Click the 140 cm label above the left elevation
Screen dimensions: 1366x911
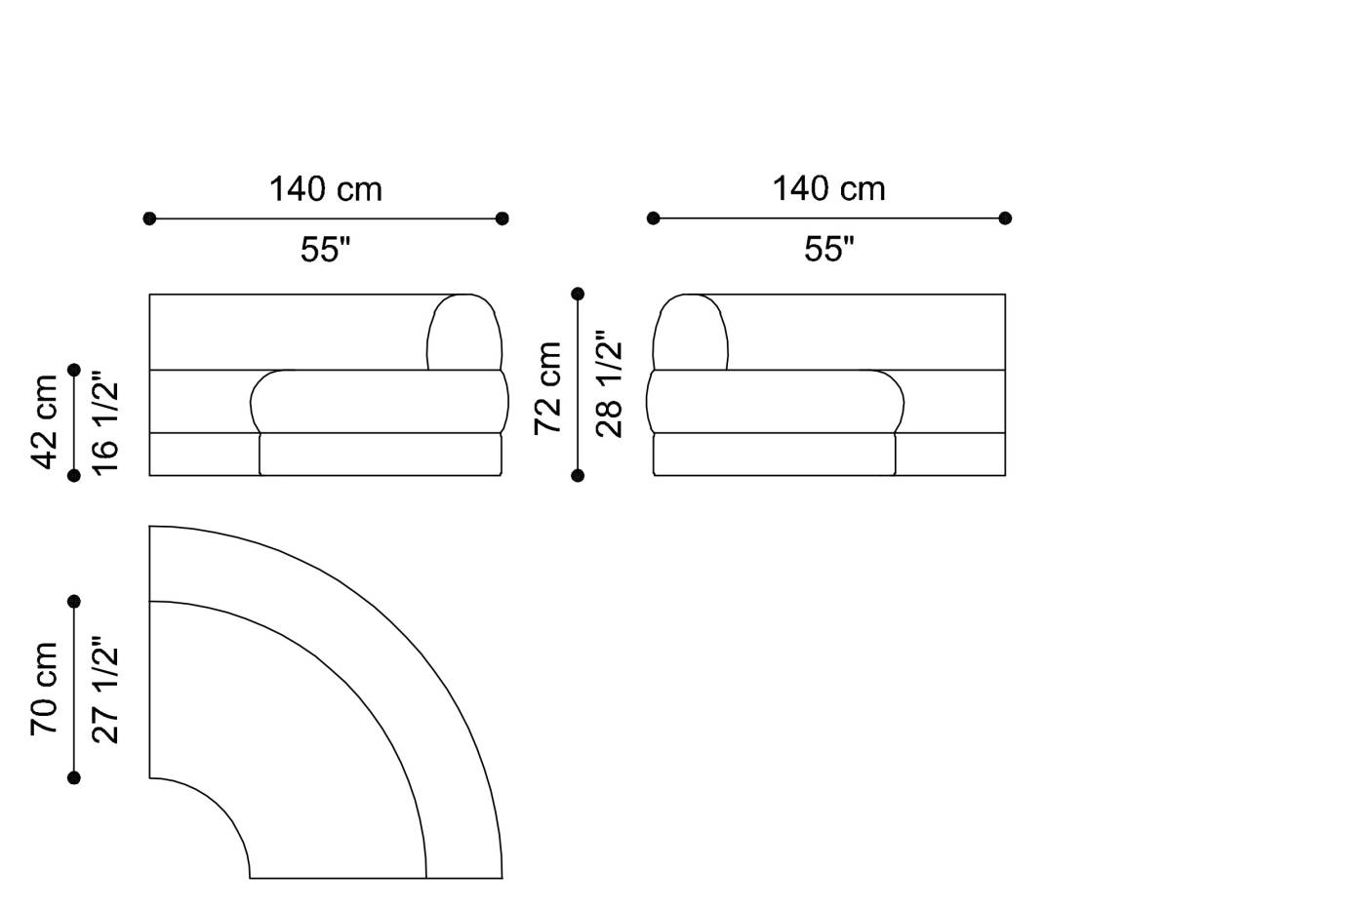coord(326,189)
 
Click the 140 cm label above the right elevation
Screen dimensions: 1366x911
coord(828,189)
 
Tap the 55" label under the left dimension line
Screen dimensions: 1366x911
coord(326,249)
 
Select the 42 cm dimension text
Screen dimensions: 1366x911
coord(45,422)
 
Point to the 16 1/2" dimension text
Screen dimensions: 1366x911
coord(105,422)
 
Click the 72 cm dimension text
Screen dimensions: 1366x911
coord(548,388)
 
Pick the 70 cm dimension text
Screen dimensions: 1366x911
coord(45,689)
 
